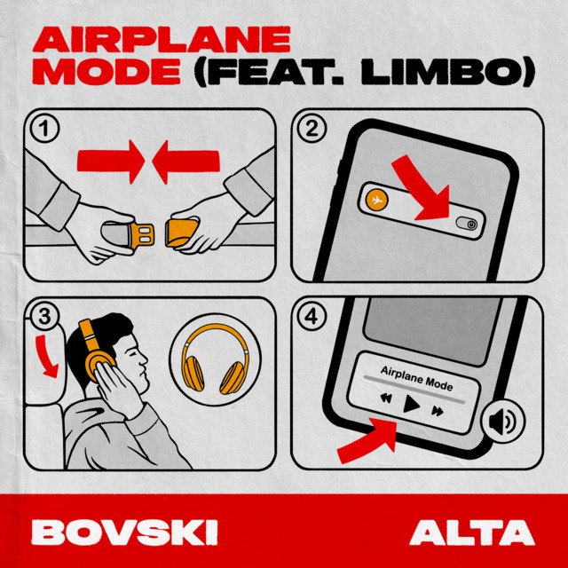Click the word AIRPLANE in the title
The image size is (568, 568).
[x=162, y=39]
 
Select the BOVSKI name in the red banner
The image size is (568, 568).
[x=124, y=532]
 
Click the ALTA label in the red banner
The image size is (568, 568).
[x=472, y=532]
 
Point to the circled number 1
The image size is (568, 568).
[x=44, y=128]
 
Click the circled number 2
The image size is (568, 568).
[x=312, y=128]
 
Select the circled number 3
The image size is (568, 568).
[x=44, y=317]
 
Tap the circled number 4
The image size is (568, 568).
[x=312, y=317]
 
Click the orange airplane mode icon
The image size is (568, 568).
[x=376, y=200]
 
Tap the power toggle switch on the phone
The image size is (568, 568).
[x=466, y=224]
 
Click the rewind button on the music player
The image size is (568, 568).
[x=386, y=398]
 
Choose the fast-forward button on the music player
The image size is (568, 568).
[x=438, y=410]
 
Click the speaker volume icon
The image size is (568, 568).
[x=502, y=422]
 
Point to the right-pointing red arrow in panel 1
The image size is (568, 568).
[x=110, y=161]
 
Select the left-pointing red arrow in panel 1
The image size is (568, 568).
[x=185, y=162]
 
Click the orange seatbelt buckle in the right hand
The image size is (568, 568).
[x=181, y=233]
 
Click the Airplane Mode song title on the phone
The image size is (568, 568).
[x=416, y=378]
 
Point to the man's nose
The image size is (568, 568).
[x=144, y=359]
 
